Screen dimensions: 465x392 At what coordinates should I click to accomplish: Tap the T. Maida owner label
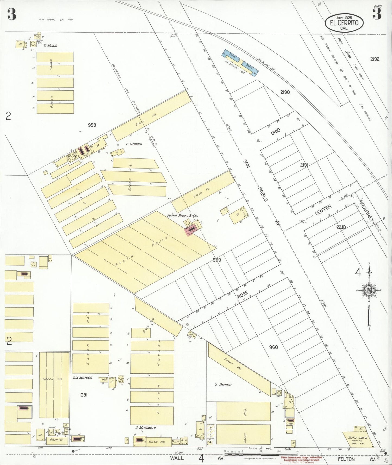point(50,46)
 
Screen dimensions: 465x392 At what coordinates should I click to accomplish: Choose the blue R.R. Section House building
point(240,62)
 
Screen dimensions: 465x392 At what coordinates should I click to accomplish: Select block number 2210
point(341,227)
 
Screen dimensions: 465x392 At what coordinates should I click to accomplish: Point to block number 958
point(92,125)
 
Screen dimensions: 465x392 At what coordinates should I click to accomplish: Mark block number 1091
point(83,395)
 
